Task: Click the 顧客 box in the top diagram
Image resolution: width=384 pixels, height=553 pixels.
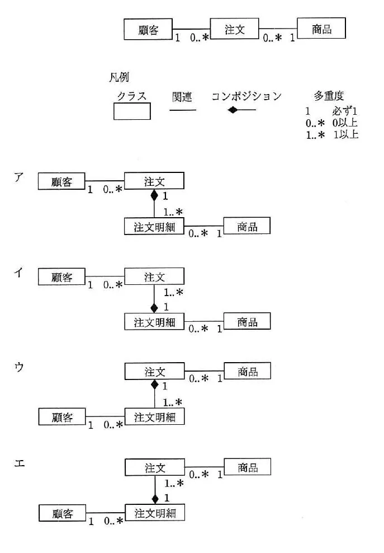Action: click(x=148, y=29)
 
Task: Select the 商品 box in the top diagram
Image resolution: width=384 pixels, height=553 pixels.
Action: click(x=321, y=28)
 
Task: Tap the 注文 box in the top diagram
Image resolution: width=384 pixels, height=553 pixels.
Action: click(x=234, y=29)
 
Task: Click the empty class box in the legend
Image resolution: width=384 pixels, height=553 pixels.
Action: click(x=132, y=111)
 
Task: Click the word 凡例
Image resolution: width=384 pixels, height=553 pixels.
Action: click(x=118, y=77)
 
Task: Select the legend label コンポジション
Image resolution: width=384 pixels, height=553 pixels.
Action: click(x=246, y=96)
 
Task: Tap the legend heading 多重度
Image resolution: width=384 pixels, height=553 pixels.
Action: click(x=329, y=95)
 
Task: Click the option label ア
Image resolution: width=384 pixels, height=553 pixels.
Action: click(x=19, y=177)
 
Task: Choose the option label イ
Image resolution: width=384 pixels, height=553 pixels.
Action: click(x=18, y=272)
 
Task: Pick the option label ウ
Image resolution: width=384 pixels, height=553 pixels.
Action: click(x=19, y=367)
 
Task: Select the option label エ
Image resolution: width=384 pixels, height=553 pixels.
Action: click(x=20, y=463)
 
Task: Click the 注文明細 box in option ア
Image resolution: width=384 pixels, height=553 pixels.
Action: click(x=154, y=227)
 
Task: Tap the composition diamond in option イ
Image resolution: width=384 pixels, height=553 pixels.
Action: click(x=154, y=308)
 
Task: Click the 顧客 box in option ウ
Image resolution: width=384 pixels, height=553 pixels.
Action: click(x=62, y=417)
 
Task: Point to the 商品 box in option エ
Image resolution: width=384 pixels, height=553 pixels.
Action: click(x=247, y=467)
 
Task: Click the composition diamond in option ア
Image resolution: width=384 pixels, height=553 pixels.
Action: click(x=154, y=195)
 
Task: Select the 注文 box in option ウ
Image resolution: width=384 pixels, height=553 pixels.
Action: click(x=154, y=371)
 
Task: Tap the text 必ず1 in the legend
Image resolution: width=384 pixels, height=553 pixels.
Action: click(x=344, y=111)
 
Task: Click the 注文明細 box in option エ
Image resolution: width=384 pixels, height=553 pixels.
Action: click(x=155, y=513)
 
